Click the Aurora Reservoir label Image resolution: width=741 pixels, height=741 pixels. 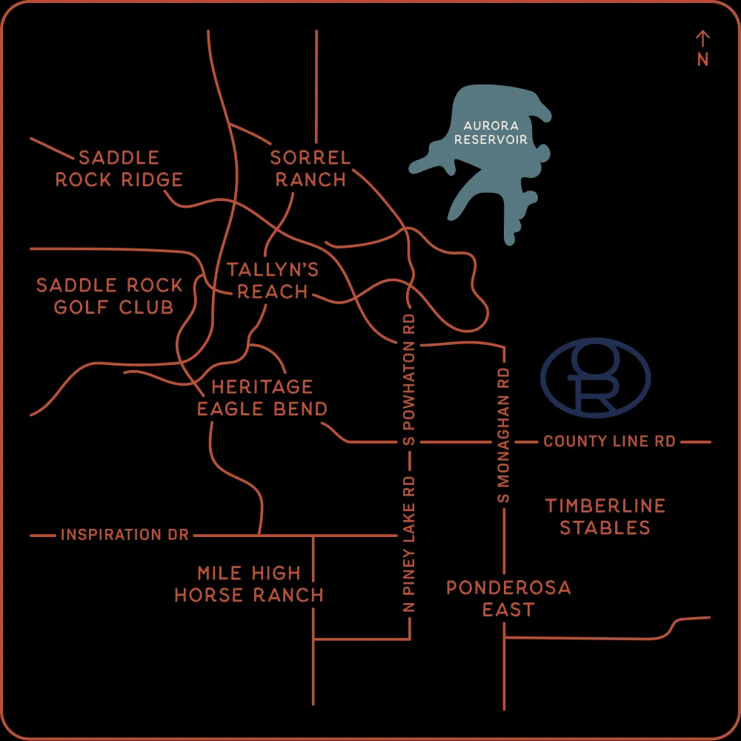(491, 133)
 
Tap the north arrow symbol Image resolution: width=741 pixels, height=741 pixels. (702, 39)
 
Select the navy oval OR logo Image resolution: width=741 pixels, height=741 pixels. (595, 378)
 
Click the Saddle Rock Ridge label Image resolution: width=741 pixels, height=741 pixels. (119, 168)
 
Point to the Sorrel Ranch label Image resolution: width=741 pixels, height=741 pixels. (309, 168)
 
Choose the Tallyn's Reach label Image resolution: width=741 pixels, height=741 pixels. (273, 280)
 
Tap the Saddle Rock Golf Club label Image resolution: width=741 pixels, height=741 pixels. (110, 296)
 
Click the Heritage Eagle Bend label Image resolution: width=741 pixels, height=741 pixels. (262, 398)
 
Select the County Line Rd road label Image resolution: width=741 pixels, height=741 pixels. (609, 441)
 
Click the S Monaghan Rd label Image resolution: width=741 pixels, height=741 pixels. (504, 435)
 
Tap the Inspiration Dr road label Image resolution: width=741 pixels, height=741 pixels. (124, 534)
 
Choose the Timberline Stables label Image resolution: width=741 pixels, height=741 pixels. (605, 516)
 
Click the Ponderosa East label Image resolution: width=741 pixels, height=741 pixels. (508, 599)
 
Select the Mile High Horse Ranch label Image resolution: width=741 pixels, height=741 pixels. (249, 584)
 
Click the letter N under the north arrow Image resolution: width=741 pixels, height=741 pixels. (702, 60)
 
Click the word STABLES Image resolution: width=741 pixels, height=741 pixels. (605, 527)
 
